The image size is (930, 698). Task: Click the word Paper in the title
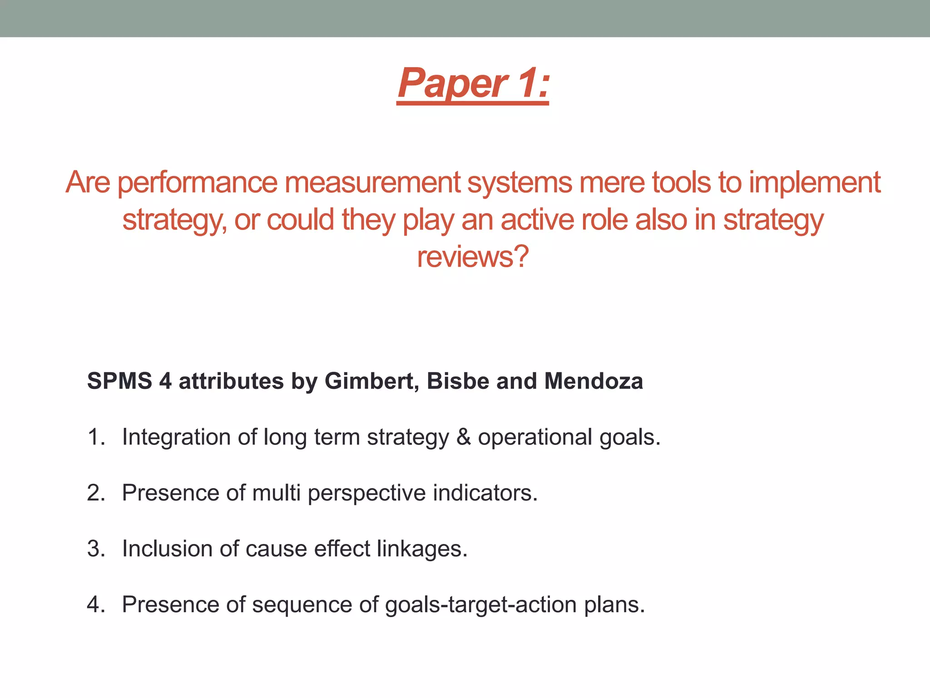452,84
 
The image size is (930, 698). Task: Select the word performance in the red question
198,183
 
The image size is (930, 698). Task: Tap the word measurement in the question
372,183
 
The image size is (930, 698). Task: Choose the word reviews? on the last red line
473,257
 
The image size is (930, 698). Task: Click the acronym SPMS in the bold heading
119,381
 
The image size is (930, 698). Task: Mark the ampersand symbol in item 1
463,437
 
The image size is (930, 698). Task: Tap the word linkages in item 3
422,549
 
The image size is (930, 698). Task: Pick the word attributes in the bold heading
231,381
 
